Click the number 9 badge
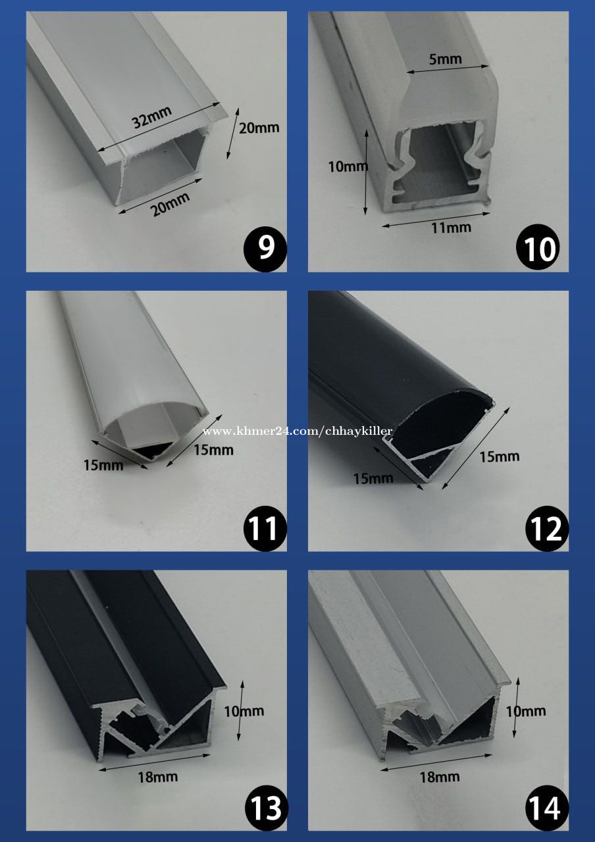pyautogui.click(x=265, y=248)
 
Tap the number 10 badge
pyautogui.click(x=538, y=248)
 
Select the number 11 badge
pyautogui.click(x=265, y=528)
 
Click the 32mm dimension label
pyautogui.click(x=151, y=116)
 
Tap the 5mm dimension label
pyautogui.click(x=446, y=59)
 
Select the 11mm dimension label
pyautogui.click(x=451, y=228)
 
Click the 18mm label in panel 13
pyautogui.click(x=157, y=776)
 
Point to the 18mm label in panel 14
pyautogui.click(x=439, y=776)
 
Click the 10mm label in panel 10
pyautogui.click(x=348, y=166)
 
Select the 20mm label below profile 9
pyautogui.click(x=170, y=204)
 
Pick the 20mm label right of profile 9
pyautogui.click(x=259, y=128)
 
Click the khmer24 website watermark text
pyautogui.click(x=297, y=431)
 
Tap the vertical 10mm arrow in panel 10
pyautogui.click(x=366, y=172)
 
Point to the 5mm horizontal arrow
pyautogui.click(x=448, y=69)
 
